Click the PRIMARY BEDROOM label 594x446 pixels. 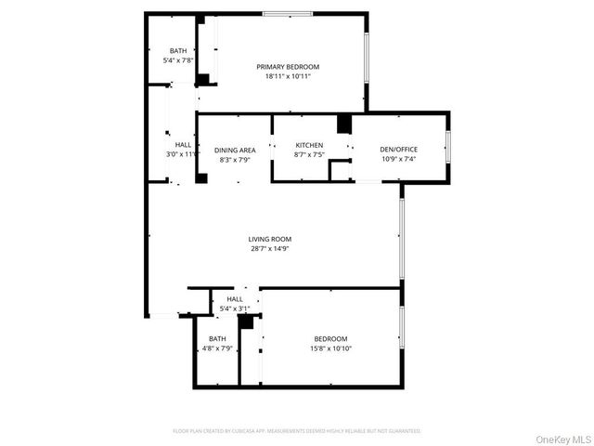tap(288, 67)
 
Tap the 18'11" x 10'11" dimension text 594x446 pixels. tap(288, 77)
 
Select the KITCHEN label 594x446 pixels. tap(309, 146)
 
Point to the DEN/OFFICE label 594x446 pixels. tap(399, 150)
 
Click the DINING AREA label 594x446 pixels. tap(235, 150)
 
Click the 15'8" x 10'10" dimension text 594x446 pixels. tap(330, 348)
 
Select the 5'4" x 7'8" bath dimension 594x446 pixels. tap(178, 60)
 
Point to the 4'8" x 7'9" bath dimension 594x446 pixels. tap(217, 348)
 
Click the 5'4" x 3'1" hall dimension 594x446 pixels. tap(228, 308)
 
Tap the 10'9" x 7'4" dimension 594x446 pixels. tap(399, 159)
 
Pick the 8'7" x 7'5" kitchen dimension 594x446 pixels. tap(309, 155)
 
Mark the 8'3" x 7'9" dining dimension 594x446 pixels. tap(235, 159)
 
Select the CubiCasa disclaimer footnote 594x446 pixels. tap(297, 431)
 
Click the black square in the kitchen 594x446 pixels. tap(344, 125)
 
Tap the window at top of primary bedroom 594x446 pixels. tap(286, 13)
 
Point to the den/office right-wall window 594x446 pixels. tap(448, 147)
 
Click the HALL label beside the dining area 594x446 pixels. tap(183, 145)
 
